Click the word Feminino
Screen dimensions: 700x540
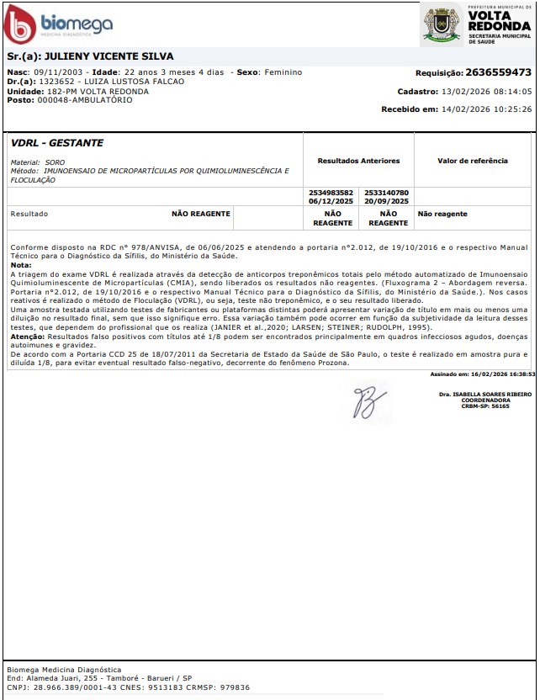(283, 72)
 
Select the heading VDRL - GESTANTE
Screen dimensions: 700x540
(57, 144)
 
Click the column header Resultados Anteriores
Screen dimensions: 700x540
(358, 161)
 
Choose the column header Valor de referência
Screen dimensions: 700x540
(473, 161)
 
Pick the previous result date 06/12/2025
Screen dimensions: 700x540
(331, 202)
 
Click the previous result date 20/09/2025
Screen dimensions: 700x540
(387, 202)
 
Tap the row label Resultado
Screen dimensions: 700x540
(29, 215)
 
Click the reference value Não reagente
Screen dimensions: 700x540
(442, 215)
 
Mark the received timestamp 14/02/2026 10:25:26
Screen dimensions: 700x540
(489, 109)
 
